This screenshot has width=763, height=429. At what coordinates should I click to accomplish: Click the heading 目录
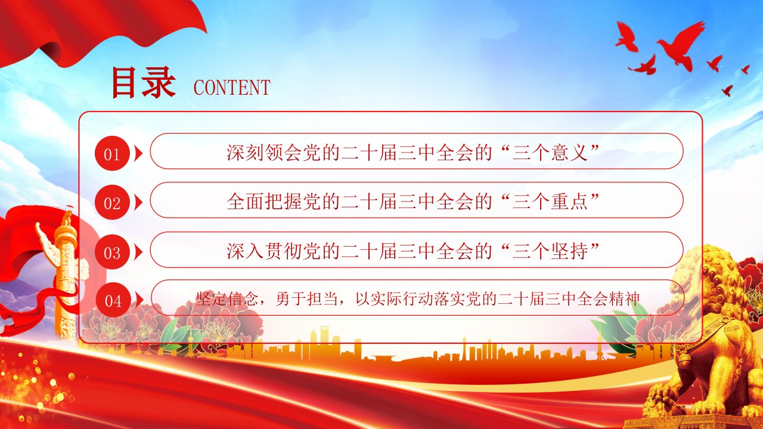click(x=144, y=83)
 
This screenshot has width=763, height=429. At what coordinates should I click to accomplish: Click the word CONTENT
click(x=232, y=88)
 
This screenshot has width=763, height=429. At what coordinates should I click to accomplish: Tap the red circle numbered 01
click(x=112, y=153)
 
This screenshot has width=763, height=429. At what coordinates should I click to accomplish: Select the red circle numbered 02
click(x=112, y=202)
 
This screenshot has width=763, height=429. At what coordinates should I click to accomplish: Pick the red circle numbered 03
click(x=112, y=252)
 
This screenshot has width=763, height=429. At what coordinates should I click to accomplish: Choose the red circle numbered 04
click(x=113, y=300)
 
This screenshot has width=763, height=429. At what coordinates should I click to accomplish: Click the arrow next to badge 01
click(x=138, y=153)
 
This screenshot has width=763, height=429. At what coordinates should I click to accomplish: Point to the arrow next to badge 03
click(x=138, y=252)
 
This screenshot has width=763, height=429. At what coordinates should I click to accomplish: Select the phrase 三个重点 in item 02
click(x=550, y=201)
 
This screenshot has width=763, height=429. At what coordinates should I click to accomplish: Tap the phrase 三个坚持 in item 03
click(x=550, y=251)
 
